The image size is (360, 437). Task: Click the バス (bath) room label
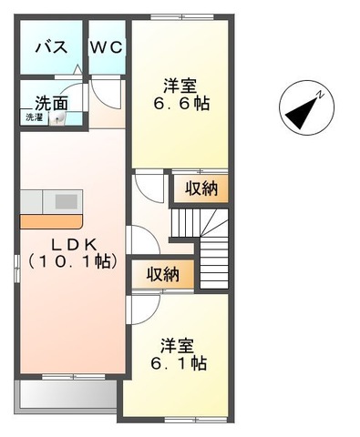tap(50, 47)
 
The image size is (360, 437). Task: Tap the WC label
tap(106, 47)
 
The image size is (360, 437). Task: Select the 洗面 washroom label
tap(51, 102)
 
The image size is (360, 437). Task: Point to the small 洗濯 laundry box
tap(34, 117)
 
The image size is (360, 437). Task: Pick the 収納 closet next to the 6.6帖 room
tap(201, 188)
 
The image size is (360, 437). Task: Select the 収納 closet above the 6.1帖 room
tap(162, 274)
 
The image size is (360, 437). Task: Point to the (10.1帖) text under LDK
tap(70, 261)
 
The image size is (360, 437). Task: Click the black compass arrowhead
tap(296, 114)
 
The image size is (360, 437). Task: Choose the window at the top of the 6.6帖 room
tap(178, 17)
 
